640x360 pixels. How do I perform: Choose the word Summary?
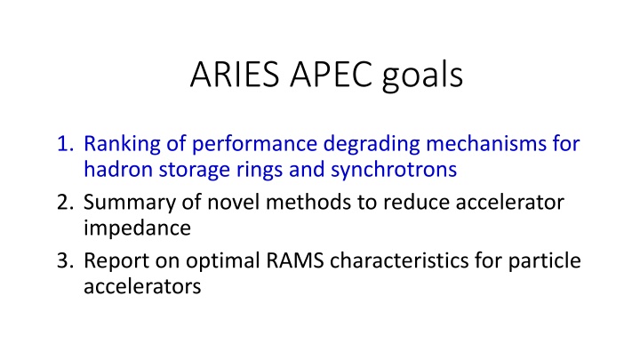pos(124,204)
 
